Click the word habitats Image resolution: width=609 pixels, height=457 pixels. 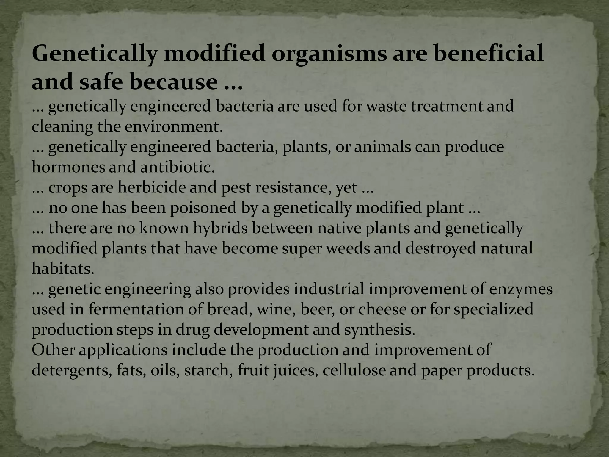[63, 269]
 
